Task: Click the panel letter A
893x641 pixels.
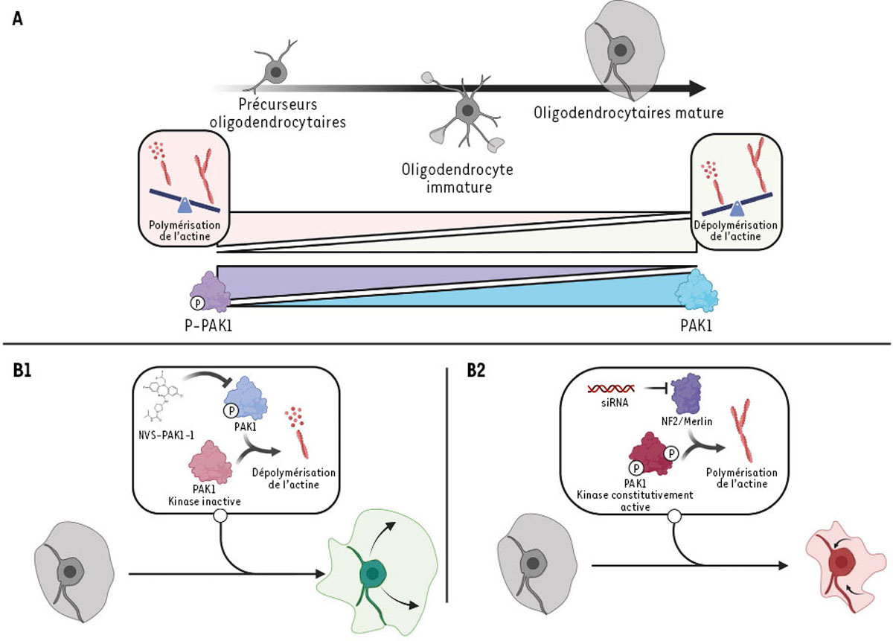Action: click(17, 20)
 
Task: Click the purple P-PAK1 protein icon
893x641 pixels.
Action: click(210, 290)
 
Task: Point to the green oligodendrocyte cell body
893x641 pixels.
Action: click(370, 572)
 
